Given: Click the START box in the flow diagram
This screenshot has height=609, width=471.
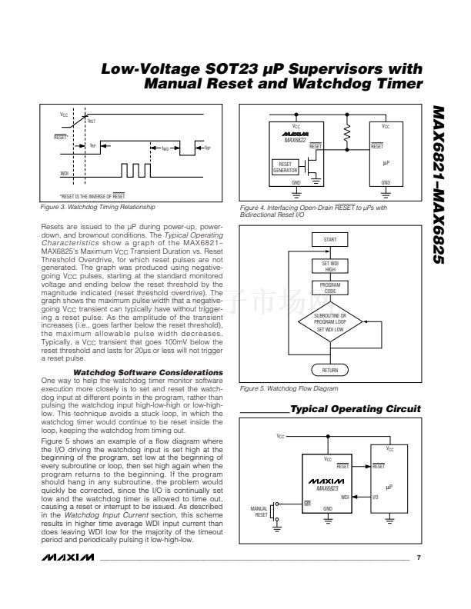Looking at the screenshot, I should pos(329,239).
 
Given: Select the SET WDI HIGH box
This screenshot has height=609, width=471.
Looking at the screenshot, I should pos(329,265).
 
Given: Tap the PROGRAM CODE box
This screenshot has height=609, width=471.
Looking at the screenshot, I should pos(329,288).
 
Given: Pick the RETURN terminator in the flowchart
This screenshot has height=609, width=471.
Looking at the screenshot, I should pos(329,370).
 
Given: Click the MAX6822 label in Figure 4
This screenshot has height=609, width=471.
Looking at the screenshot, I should pos(296,139).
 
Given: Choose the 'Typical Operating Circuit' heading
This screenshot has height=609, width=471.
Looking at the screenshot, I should pos(356,408).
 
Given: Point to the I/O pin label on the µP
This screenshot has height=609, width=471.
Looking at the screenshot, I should pos(375,497).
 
